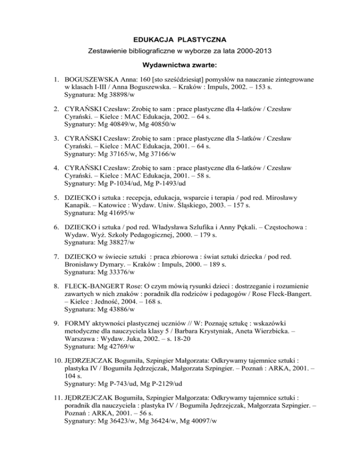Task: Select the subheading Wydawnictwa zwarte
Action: pos(180,64)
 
